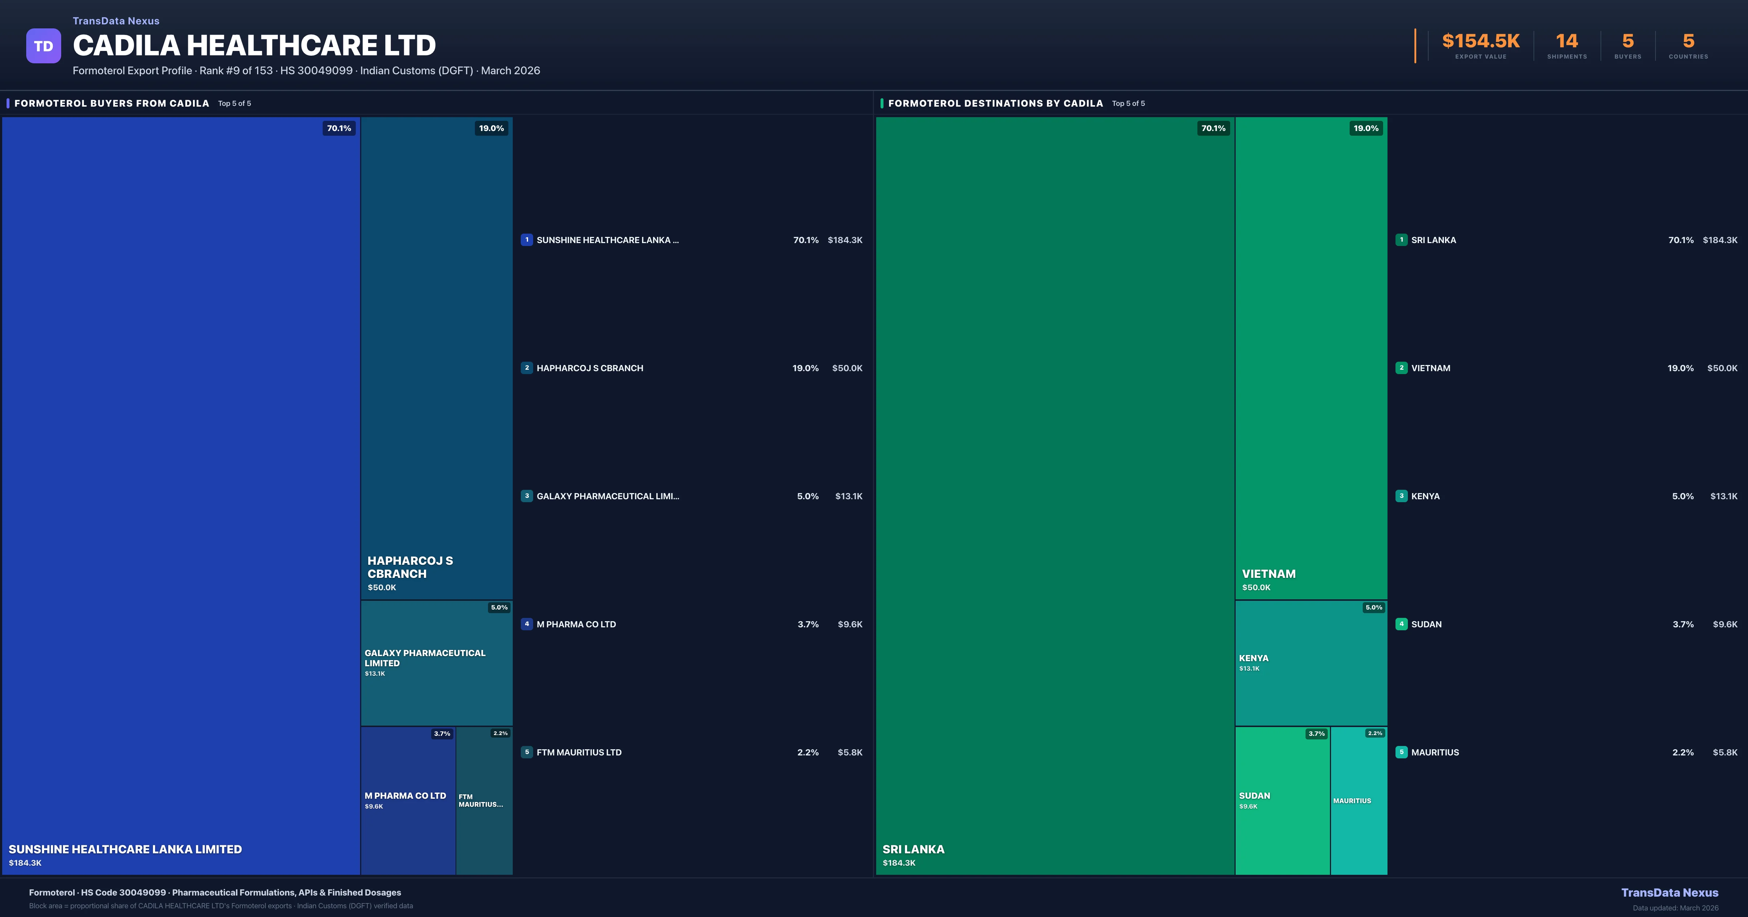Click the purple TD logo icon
[x=43, y=46]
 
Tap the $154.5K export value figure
[x=1481, y=41]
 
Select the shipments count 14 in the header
[x=1567, y=41]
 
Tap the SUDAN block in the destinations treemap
[x=1282, y=800]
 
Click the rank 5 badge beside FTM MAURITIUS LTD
[x=527, y=752]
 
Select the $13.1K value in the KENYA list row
[x=1724, y=496]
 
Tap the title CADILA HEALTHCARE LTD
[x=255, y=45]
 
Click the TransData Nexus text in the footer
[x=1669, y=893]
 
